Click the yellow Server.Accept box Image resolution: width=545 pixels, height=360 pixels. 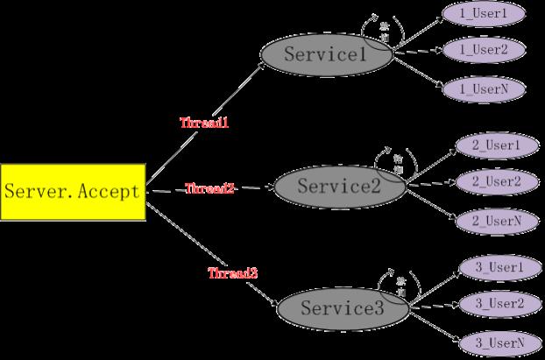pos(72,191)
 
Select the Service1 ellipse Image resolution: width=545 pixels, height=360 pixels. pos(327,54)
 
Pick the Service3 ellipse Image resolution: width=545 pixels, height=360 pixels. pos(343,308)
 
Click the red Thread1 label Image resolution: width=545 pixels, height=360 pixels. pos(204,124)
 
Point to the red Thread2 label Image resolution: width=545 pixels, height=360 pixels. pos(209,188)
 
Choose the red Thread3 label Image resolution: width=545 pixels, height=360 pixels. pos(232,273)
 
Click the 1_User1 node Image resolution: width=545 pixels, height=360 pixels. pos(485,14)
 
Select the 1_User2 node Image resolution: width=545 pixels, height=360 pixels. pos(485,50)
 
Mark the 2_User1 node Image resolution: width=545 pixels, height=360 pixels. pos(497,145)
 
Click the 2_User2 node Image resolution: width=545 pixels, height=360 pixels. pos(497,181)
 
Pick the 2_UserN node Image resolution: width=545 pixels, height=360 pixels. pos(497,221)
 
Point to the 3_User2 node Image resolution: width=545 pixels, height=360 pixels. pos(499,303)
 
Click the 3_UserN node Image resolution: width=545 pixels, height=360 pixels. pos(499,342)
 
